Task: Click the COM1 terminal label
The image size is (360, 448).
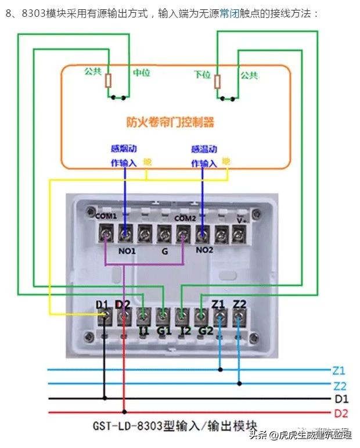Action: point(106,217)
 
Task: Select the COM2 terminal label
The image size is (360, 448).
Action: point(185,218)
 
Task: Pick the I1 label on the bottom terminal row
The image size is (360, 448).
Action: point(143,331)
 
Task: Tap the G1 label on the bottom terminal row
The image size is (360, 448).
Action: point(163,331)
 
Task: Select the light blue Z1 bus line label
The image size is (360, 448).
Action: point(340,370)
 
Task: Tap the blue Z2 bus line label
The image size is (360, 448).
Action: point(340,385)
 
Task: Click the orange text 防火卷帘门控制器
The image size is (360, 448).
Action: point(170,122)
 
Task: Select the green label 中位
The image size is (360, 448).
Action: point(142,73)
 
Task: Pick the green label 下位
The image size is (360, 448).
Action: point(202,75)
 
